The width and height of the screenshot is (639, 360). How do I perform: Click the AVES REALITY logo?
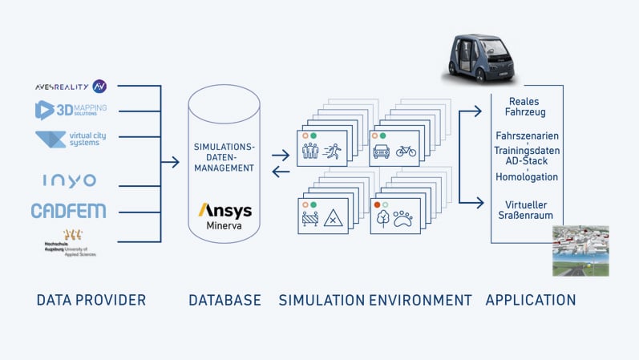(x=71, y=86)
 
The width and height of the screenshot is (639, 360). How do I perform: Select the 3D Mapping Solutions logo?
(x=71, y=110)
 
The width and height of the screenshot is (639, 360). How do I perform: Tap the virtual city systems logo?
(x=71, y=140)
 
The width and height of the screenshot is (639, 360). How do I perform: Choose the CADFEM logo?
(x=68, y=211)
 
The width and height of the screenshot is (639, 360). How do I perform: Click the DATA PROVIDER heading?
(x=91, y=301)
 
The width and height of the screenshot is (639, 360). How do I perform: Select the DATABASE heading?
(x=224, y=301)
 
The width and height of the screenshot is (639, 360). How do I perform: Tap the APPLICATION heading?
(x=531, y=301)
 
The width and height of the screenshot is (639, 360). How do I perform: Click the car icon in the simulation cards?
(x=382, y=151)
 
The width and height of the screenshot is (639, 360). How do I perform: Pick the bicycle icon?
(x=406, y=151)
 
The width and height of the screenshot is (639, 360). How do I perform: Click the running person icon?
(x=333, y=151)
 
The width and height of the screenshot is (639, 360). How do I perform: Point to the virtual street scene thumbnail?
(x=580, y=250)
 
